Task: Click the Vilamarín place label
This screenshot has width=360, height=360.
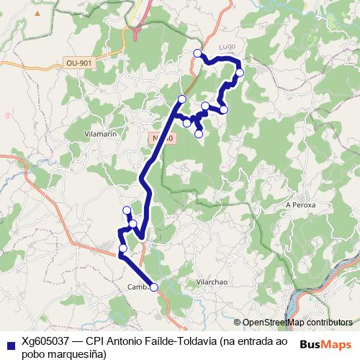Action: pyautogui.click(x=101, y=134)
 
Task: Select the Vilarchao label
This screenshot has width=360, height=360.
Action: pyautogui.click(x=212, y=282)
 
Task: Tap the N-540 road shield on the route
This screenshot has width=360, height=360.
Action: pyautogui.click(x=163, y=138)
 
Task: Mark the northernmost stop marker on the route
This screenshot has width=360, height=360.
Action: pyautogui.click(x=198, y=53)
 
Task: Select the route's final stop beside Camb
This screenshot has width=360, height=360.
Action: pyautogui.click(x=153, y=287)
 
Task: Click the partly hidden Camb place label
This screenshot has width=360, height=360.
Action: pyautogui.click(x=138, y=287)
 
